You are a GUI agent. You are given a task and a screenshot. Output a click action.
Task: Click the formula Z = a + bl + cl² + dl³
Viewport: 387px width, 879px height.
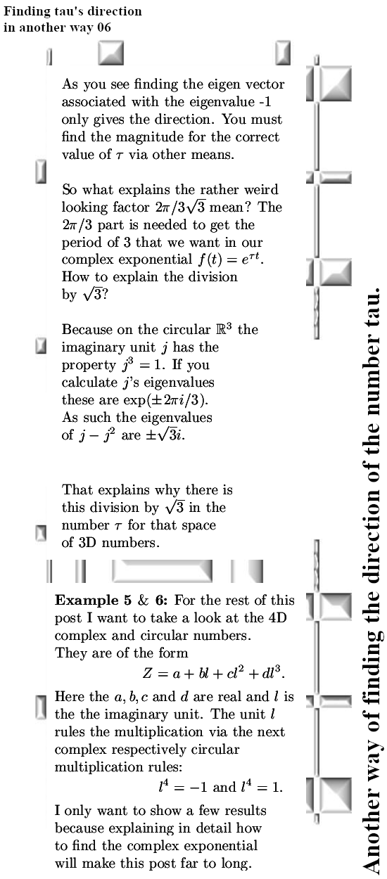[x=214, y=672]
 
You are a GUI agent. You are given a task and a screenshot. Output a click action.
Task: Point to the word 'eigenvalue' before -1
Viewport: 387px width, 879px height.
[x=201, y=102]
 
